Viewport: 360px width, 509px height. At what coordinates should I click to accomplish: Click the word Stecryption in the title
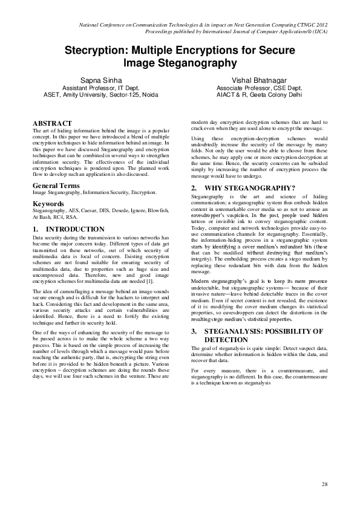point(96,50)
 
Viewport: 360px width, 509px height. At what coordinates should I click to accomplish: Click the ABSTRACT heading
point(52,122)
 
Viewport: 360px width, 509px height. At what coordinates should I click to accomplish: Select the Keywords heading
point(49,204)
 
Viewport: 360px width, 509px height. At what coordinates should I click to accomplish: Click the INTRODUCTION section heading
point(76,229)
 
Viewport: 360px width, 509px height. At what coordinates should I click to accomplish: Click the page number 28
point(324,484)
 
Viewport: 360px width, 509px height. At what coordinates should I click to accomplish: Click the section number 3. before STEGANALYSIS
point(194,331)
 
